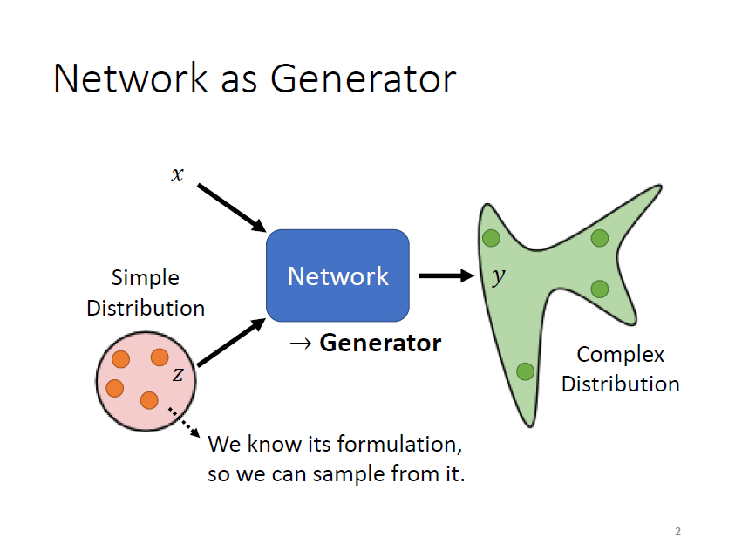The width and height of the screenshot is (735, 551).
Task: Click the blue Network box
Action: click(x=337, y=275)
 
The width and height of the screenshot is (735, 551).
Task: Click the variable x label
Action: click(x=178, y=174)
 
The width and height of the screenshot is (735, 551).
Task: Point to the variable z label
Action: click(x=178, y=374)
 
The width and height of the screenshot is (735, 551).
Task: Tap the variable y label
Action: click(x=498, y=276)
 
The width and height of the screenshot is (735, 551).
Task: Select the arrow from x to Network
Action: click(x=231, y=207)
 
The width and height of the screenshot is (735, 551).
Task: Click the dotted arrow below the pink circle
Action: click(x=183, y=422)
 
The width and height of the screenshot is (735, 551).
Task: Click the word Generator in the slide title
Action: click(x=363, y=78)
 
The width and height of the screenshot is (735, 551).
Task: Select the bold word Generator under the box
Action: click(x=380, y=343)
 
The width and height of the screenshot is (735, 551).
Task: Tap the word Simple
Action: click(x=146, y=278)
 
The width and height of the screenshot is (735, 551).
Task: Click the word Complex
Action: click(x=620, y=355)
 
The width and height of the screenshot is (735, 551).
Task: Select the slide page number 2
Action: click(x=677, y=531)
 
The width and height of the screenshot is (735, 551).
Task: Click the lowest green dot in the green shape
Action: click(x=525, y=371)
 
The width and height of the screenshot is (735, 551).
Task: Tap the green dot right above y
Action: click(x=491, y=237)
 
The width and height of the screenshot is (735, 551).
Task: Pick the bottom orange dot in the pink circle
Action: click(x=149, y=400)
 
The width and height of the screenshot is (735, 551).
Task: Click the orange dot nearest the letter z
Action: click(x=160, y=357)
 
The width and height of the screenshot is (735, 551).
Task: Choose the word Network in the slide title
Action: click(x=129, y=78)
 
